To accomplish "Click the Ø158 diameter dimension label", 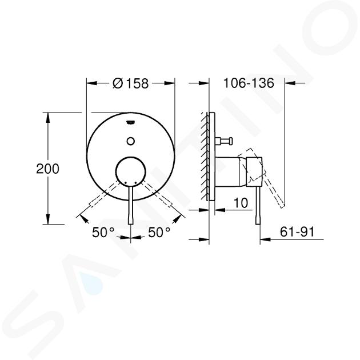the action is pos(130,83).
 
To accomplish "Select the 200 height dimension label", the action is pos(48,169).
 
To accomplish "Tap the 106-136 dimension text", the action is pos(249,83).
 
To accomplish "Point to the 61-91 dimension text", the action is pos(297,232).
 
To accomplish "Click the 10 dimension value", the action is pos(241,202).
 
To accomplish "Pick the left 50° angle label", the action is pos(103,232).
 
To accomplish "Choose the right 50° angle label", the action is pos(159,232).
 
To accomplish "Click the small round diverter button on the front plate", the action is pos(131,141).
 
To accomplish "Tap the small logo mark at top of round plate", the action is pos(131,122).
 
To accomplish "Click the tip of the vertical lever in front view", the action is pos(131,223).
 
